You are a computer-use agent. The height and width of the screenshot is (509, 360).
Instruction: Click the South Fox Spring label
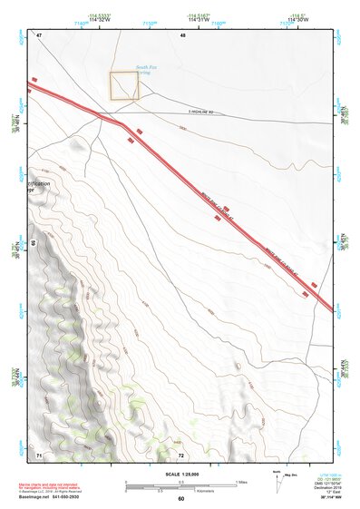tap(148, 70)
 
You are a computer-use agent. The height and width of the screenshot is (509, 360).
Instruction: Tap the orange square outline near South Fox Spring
tap(124, 86)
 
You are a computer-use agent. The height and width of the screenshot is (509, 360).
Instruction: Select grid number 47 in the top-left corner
tap(39, 34)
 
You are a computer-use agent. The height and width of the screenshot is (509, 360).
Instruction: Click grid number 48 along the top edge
tap(182, 34)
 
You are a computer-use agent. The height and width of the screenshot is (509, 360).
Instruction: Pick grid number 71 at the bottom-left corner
tap(39, 453)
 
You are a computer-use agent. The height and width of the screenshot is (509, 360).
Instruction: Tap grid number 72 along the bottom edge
tap(181, 453)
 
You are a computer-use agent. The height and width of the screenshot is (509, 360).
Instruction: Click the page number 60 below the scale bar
tap(180, 499)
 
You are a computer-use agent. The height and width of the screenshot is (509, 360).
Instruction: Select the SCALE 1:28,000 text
tap(180, 473)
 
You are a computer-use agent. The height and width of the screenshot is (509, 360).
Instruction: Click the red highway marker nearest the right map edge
tap(314, 284)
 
